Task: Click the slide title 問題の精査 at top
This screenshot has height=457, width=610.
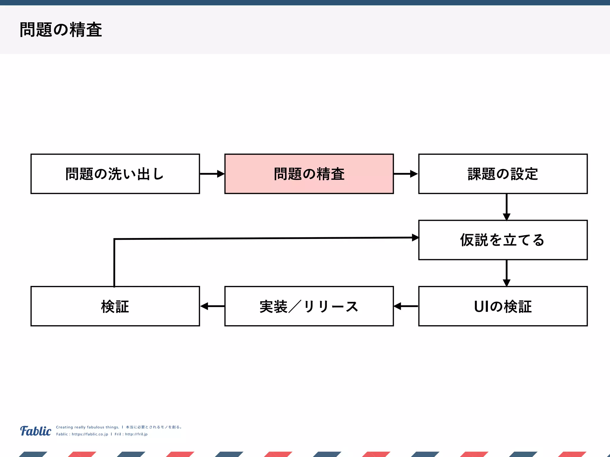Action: (x=61, y=30)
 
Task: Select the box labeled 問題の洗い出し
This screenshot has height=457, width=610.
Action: (x=115, y=174)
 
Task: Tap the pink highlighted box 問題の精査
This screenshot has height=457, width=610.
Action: (x=309, y=174)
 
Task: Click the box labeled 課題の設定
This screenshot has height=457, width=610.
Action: (x=503, y=174)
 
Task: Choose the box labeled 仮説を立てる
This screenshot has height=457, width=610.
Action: (x=503, y=240)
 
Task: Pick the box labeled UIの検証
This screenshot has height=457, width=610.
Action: (x=503, y=306)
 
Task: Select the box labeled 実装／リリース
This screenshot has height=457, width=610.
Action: (x=309, y=306)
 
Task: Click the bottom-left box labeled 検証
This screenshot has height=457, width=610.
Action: (x=115, y=306)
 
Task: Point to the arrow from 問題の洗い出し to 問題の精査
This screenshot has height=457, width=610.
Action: (x=212, y=174)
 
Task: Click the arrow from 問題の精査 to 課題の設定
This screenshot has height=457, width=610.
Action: (x=406, y=174)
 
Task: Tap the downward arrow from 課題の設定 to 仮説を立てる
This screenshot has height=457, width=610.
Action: (x=506, y=207)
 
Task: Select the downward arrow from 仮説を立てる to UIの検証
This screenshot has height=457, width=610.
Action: (x=506, y=273)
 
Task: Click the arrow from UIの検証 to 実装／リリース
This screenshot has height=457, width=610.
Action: (x=406, y=306)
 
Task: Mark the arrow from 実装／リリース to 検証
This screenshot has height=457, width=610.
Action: (x=212, y=306)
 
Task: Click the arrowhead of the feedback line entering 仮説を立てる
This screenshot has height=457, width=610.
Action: (x=415, y=237)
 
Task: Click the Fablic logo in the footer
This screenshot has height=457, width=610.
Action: (x=36, y=431)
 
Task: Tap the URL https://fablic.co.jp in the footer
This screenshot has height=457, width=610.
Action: (x=90, y=434)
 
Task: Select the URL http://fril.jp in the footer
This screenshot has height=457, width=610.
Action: (x=136, y=434)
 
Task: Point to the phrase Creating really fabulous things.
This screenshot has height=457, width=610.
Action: (x=88, y=427)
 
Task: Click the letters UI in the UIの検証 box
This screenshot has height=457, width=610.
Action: (x=481, y=306)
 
